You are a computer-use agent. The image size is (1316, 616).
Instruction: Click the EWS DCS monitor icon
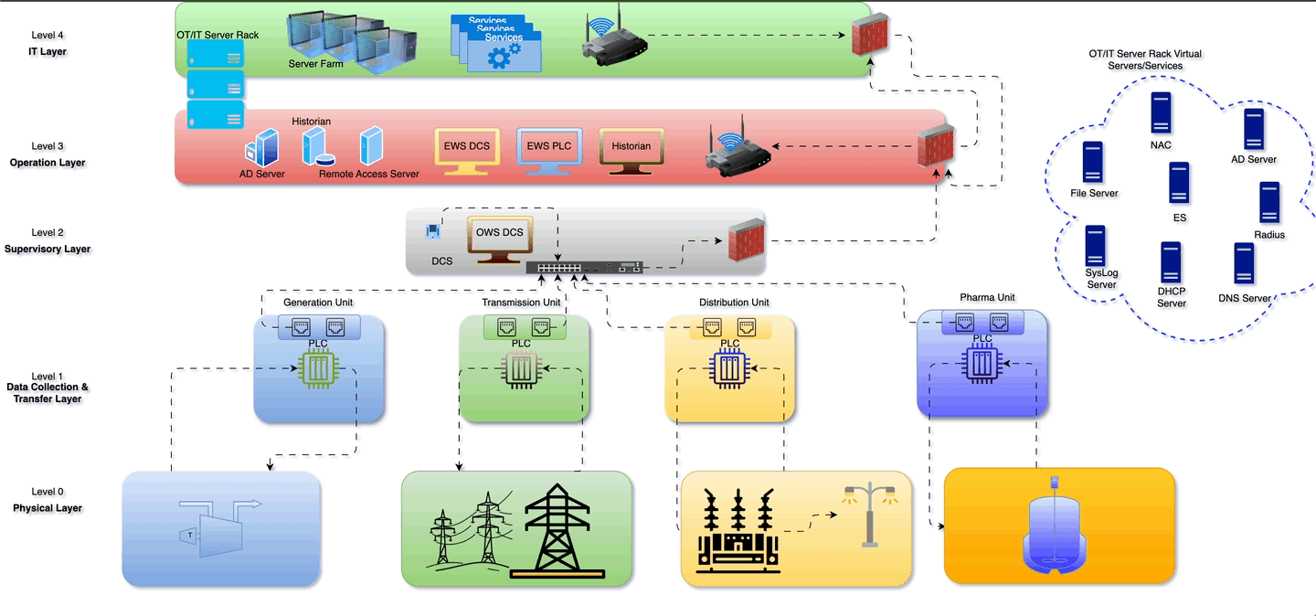(467, 149)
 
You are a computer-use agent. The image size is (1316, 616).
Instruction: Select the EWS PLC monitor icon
(549, 149)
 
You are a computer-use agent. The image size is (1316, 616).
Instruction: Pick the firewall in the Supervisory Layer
(746, 240)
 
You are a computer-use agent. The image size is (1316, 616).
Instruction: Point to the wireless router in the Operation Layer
(738, 151)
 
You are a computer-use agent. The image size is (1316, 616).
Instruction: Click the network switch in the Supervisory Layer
(585, 268)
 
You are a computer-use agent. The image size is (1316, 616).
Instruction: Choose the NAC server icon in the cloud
(1161, 112)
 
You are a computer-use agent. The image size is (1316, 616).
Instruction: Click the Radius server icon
(1268, 203)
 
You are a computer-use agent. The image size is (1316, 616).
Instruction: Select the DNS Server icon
(1243, 264)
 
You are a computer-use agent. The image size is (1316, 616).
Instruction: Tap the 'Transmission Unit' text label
(521, 303)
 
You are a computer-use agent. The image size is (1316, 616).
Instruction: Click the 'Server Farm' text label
(315, 64)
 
